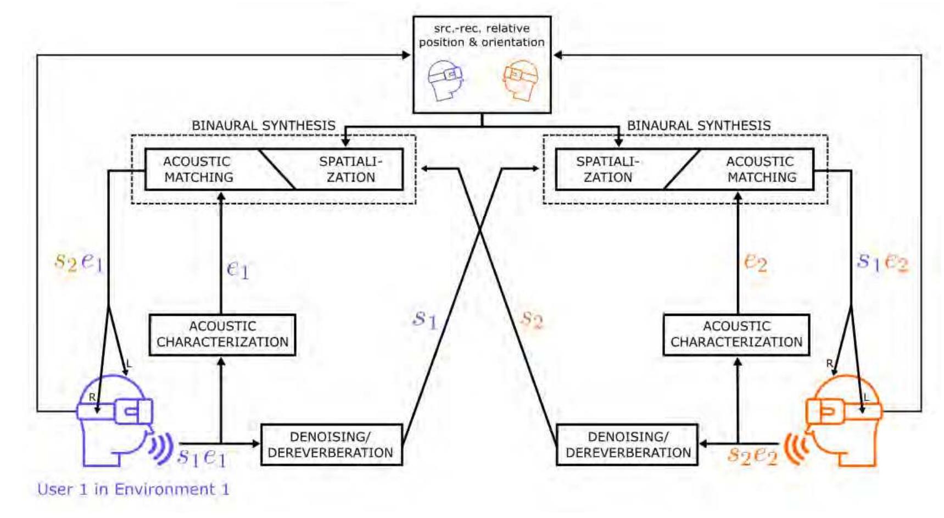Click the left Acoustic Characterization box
(222, 335)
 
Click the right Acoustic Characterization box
(736, 335)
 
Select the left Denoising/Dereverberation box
(331, 445)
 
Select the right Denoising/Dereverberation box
(628, 445)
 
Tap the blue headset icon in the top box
(446, 80)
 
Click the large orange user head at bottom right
(843, 420)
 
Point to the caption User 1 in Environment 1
(133, 489)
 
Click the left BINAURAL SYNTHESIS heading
(263, 126)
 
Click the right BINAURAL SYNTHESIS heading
(699, 126)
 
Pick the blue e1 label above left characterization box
(238, 269)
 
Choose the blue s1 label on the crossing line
(425, 319)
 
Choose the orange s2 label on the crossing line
(532, 319)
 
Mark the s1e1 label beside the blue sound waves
(202, 456)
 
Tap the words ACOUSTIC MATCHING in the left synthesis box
(198, 169)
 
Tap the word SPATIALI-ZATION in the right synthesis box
(607, 169)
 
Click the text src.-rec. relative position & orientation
(482, 35)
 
